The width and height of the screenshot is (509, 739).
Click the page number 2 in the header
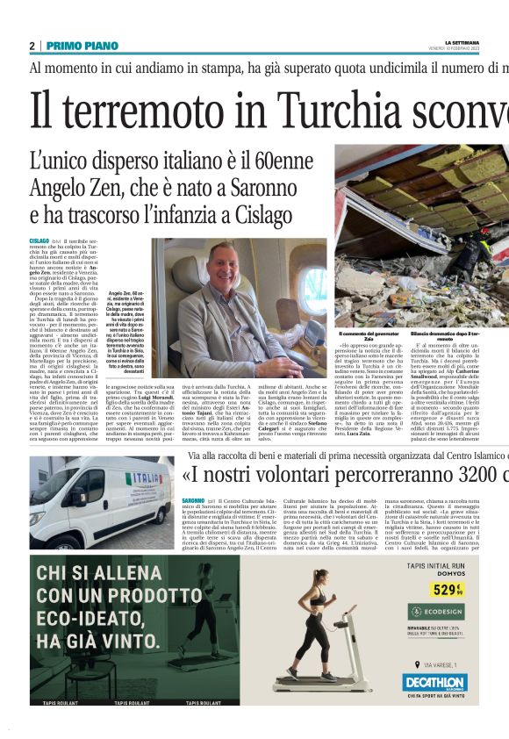point(32,45)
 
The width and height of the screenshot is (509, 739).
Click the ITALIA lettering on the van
point(140,479)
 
